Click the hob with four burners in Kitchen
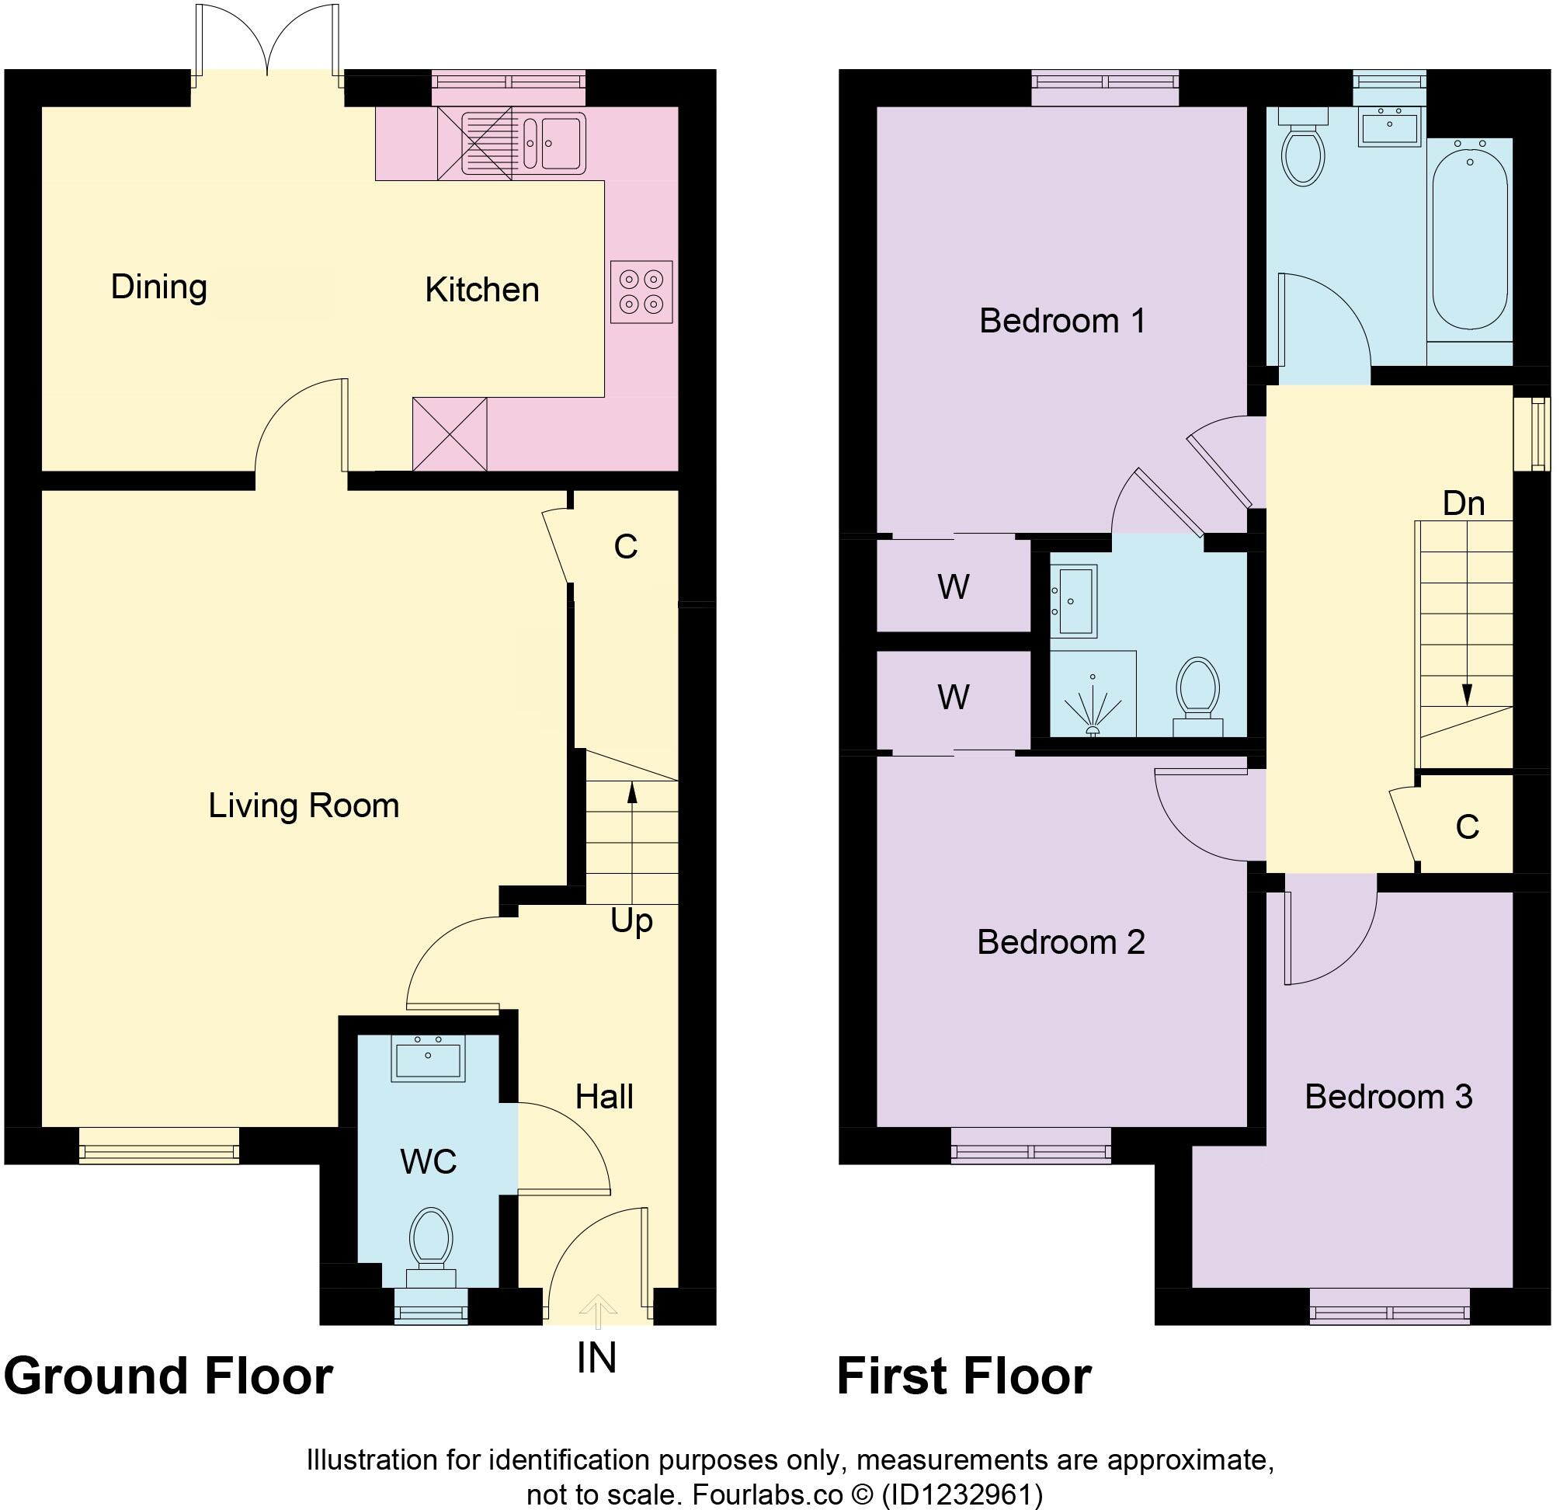[x=641, y=291]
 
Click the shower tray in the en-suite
[x=1092, y=695]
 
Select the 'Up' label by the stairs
[x=632, y=921]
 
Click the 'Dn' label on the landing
[x=1463, y=503]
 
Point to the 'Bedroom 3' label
[x=1388, y=1097]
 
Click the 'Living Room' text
[x=304, y=805]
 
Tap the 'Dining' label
[x=159, y=287]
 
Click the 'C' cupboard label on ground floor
[x=626, y=546]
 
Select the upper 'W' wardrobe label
[x=953, y=587]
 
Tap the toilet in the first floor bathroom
[x=1303, y=151]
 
